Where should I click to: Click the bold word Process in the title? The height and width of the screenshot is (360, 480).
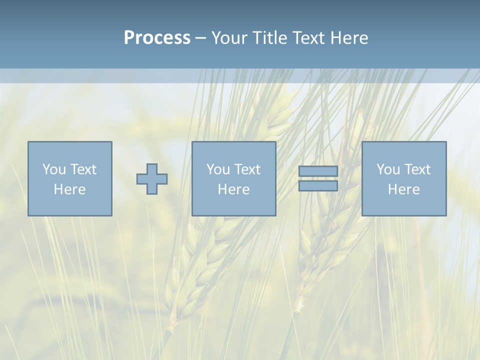point(157,38)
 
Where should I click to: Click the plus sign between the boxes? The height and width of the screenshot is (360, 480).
point(152,179)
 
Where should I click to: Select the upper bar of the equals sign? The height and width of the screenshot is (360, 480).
point(318,171)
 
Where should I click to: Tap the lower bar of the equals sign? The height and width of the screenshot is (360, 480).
point(318,186)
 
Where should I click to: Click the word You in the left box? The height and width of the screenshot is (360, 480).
point(53,169)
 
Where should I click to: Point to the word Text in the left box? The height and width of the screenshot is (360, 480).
point(83,169)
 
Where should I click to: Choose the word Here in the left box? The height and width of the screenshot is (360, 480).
point(69,189)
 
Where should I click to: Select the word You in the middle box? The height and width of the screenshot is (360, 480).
point(217,169)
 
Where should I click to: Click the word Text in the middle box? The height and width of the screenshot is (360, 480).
point(247,169)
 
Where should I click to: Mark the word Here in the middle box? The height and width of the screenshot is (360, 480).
point(233,189)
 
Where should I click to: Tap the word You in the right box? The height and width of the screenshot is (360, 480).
point(387,169)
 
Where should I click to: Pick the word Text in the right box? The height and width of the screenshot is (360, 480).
point(417,169)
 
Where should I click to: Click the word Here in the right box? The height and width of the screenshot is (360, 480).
point(403,189)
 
